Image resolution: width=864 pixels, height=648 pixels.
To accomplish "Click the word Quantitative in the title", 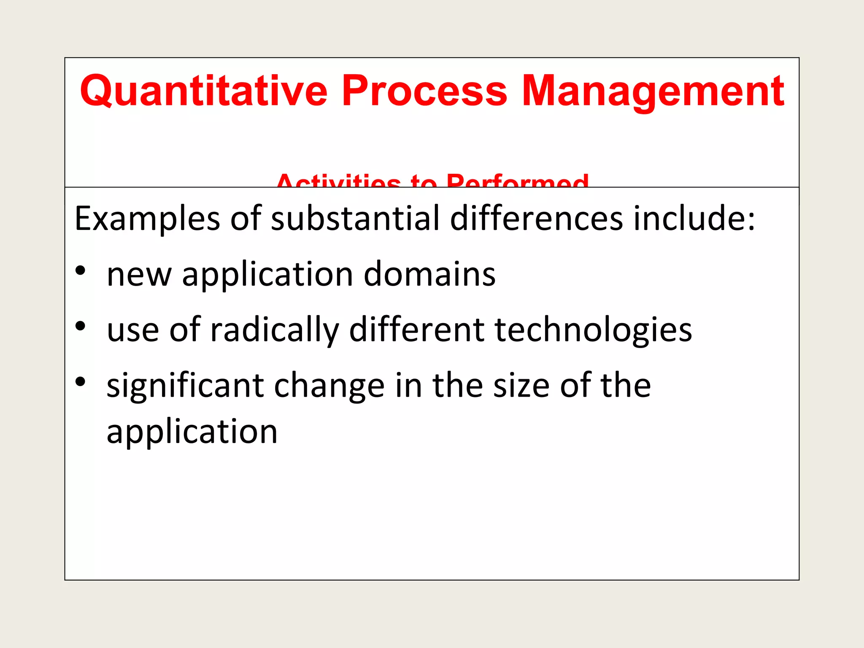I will click(204, 91).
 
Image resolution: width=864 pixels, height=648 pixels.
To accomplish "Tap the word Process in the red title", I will click(424, 91).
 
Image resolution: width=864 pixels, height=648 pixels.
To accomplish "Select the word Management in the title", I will click(653, 91).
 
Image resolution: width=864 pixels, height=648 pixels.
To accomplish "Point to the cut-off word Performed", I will click(517, 181).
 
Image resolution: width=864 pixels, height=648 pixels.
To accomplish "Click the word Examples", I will click(147, 219).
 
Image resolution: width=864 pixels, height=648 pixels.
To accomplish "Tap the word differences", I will click(536, 219).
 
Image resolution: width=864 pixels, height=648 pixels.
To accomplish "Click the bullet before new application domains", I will click(81, 270).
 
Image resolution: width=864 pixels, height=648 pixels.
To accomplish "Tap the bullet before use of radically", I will click(81, 326).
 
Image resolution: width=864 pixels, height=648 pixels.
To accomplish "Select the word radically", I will click(275, 330).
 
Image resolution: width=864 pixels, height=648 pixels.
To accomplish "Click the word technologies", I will click(593, 330).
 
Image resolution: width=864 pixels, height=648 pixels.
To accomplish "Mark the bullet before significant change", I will click(81, 382).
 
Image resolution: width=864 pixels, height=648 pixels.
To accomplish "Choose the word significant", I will click(185, 386).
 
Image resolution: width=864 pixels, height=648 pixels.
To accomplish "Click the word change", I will click(329, 386).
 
